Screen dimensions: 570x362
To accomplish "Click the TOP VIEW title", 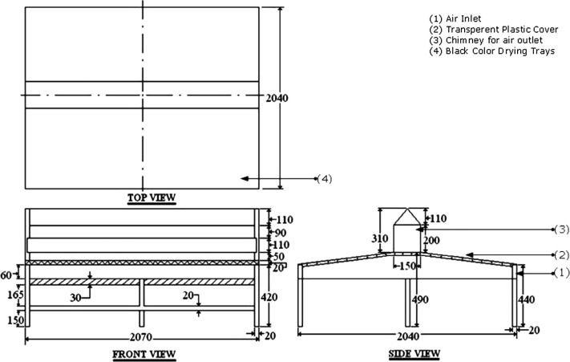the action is click(x=152, y=197).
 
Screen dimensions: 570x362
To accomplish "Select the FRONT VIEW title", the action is click(x=144, y=354).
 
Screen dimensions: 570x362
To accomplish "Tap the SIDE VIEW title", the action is click(x=414, y=353).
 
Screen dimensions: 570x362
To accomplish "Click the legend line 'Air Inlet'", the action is click(x=455, y=18).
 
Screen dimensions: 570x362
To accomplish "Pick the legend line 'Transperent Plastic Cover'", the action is click(x=494, y=30).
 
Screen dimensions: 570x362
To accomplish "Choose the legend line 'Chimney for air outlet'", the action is click(x=486, y=40).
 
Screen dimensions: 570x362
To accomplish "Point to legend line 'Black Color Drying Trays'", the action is click(x=492, y=51).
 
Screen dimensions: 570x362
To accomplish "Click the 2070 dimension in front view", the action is click(x=141, y=337).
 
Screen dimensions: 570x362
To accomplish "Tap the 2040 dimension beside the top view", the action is click(x=277, y=98).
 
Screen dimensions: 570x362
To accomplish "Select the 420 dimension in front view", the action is click(x=269, y=297).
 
